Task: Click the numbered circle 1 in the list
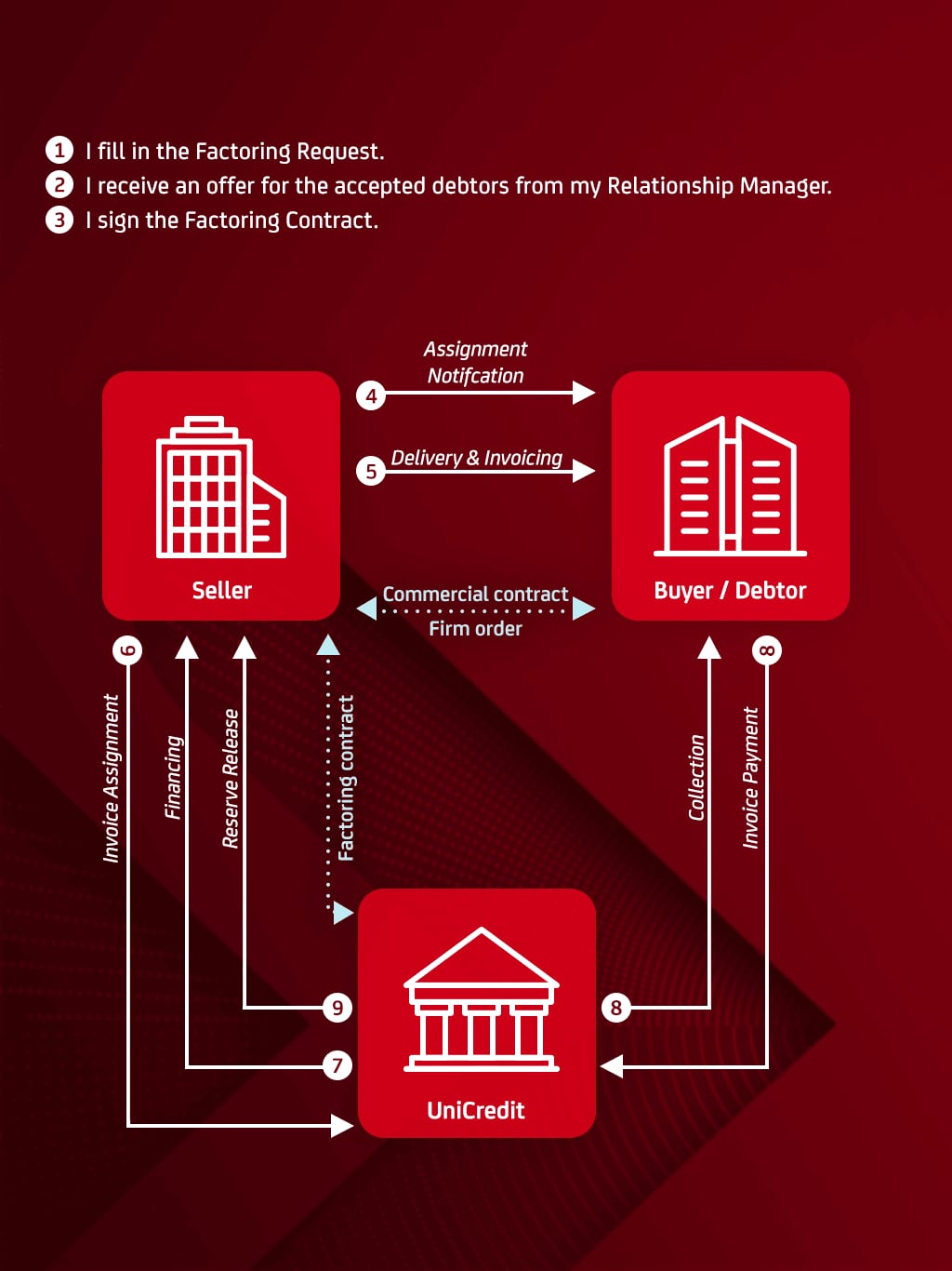click(x=59, y=150)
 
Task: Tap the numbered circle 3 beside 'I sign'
click(x=59, y=220)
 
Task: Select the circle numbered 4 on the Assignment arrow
click(x=371, y=395)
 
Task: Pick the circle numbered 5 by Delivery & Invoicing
click(x=371, y=471)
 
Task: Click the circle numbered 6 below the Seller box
click(x=127, y=649)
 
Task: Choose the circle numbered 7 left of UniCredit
click(x=337, y=1064)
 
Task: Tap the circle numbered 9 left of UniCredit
click(x=337, y=1007)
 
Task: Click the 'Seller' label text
click(x=221, y=590)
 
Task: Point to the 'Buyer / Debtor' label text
click(x=730, y=590)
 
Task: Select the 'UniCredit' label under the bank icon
click(x=476, y=1110)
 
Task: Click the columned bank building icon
click(x=481, y=999)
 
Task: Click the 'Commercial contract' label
click(x=475, y=594)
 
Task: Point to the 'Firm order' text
click(x=475, y=628)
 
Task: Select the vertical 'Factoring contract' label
click(x=346, y=778)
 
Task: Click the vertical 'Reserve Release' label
click(x=231, y=778)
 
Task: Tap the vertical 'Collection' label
click(x=696, y=778)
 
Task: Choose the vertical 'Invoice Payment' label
click(x=750, y=778)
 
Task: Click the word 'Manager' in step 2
click(x=785, y=186)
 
